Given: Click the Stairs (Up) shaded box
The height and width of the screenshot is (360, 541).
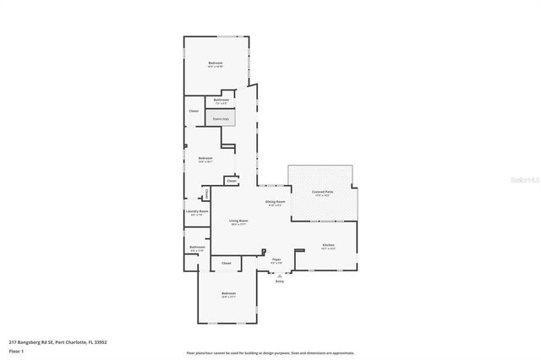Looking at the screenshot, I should tap(221, 120).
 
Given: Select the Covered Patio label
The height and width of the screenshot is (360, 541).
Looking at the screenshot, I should tap(320, 193).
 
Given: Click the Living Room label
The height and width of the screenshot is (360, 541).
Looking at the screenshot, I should tap(238, 221).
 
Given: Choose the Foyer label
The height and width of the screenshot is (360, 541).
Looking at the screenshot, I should tap(276, 259).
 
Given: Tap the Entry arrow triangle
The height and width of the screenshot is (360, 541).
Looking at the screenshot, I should tap(279, 275).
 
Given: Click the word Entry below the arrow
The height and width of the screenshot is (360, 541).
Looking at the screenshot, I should tap(279, 281).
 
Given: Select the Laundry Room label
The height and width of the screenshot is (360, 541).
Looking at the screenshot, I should tap(196, 212).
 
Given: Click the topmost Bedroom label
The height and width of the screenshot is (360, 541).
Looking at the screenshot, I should tap(216, 63).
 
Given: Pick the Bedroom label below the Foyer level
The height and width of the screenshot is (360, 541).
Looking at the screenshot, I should tap(228, 293).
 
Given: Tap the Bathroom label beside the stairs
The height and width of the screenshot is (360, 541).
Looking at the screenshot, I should tap(221, 101).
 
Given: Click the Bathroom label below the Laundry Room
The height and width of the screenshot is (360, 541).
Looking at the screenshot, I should tap(196, 248).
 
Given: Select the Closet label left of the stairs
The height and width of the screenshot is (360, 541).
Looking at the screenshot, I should tap(194, 111).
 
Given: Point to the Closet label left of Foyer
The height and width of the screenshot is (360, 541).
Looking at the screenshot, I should tap(226, 264).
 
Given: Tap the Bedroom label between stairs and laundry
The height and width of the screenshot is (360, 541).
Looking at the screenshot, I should tap(205, 158).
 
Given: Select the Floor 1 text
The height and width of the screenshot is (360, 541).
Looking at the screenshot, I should tap(17, 350).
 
